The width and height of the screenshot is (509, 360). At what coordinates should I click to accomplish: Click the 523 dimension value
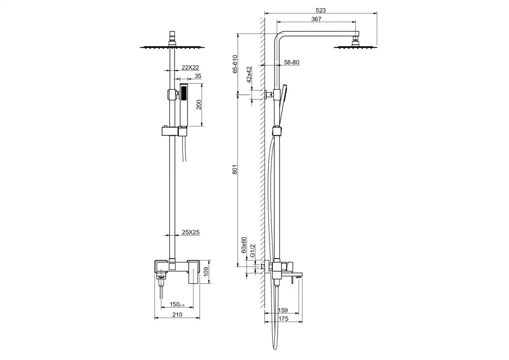pyautogui.click(x=321, y=11)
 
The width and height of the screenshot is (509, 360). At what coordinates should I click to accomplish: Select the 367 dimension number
pyautogui.click(x=316, y=19)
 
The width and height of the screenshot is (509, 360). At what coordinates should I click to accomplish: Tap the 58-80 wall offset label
pyautogui.click(x=291, y=62)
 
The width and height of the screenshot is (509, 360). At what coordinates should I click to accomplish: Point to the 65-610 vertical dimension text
pyautogui.click(x=235, y=64)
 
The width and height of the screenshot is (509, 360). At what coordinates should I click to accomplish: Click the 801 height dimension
pyautogui.click(x=235, y=170)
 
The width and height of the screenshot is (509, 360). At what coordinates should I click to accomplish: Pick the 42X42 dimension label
pyautogui.click(x=249, y=75)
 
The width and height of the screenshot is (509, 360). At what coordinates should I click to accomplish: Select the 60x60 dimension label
pyautogui.click(x=243, y=245)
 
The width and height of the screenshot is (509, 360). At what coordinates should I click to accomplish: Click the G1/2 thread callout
pyautogui.click(x=252, y=251)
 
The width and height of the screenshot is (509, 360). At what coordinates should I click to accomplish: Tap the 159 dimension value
pyautogui.click(x=282, y=310)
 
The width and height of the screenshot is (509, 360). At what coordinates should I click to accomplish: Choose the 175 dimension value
pyautogui.click(x=283, y=319)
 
